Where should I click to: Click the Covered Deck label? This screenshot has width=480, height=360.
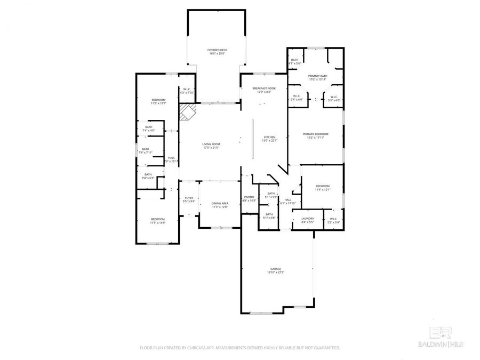(217, 52)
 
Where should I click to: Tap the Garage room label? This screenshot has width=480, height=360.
(275, 270)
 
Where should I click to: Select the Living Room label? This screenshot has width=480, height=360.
(211, 146)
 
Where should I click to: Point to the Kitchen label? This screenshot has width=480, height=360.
(268, 139)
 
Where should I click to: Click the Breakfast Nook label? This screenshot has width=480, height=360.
(264, 90)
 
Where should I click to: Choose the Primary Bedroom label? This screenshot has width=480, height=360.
(315, 135)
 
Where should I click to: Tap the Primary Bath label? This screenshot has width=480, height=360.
(317, 78)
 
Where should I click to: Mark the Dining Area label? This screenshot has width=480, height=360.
(220, 205)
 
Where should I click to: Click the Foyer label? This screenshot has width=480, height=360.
(189, 199)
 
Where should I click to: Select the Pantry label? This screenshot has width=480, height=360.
(250, 198)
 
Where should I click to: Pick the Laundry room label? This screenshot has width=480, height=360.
(308, 219)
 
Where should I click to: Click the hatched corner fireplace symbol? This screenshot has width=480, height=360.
(187, 113)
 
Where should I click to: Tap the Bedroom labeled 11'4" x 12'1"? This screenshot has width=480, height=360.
(323, 187)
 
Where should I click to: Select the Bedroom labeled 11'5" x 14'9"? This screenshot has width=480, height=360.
(157, 221)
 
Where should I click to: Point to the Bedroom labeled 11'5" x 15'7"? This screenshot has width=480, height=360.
(158, 101)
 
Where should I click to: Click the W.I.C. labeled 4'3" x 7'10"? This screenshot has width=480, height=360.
(187, 91)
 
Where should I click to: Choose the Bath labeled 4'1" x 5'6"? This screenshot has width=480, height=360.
(295, 61)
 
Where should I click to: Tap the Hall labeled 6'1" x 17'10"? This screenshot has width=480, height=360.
(288, 201)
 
